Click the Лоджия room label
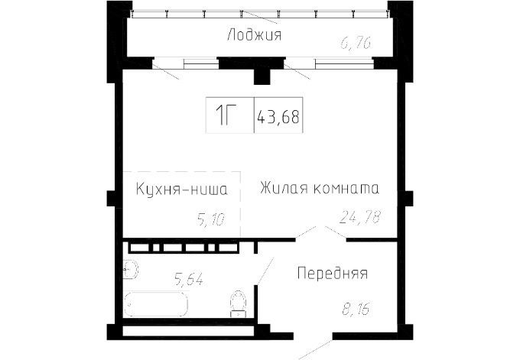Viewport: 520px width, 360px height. pyautogui.click(x=255, y=35)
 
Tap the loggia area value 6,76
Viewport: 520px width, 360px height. pyautogui.click(x=356, y=43)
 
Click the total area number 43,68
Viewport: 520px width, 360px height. pyautogui.click(x=278, y=116)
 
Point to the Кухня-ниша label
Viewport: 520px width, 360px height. pyautogui.click(x=182, y=190)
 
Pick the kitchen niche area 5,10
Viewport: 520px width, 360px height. pyautogui.click(x=211, y=219)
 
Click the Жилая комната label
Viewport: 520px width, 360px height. pyautogui.click(x=320, y=188)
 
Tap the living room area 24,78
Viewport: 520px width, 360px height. pyautogui.click(x=360, y=217)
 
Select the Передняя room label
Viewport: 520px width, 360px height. pyautogui.click(x=333, y=274)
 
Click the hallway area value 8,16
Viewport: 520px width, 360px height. pyautogui.click(x=356, y=309)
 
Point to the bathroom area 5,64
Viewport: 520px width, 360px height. pyautogui.click(x=189, y=278)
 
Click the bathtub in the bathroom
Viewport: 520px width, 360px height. pyautogui.click(x=155, y=304)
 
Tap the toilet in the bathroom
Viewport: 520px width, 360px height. pyautogui.click(x=239, y=304)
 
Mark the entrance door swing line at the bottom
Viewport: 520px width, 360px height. pyautogui.click(x=315, y=349)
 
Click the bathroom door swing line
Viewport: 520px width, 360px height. pyautogui.click(x=265, y=271)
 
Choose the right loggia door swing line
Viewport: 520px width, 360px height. pyautogui.click(x=297, y=72)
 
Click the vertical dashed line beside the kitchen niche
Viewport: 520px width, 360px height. pyautogui.click(x=241, y=205)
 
